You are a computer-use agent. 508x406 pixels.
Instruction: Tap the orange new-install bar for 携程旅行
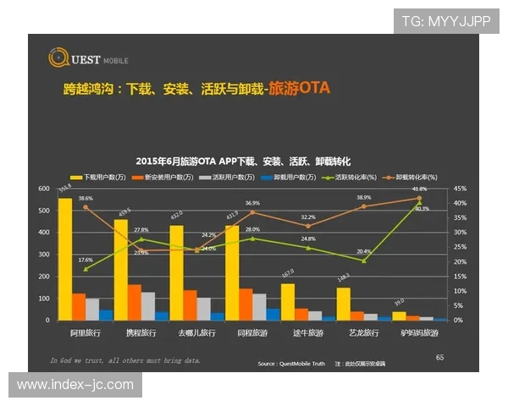click(135, 303)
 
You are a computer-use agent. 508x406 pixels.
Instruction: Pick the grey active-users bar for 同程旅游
click(260, 307)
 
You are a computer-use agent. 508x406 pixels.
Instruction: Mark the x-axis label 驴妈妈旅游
click(420, 334)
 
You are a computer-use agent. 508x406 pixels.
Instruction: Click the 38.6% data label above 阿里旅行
click(86, 198)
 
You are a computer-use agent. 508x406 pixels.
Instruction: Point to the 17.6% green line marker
click(86, 269)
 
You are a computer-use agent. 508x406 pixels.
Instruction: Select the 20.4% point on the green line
click(364, 261)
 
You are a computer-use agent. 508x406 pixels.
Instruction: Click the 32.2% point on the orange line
click(308, 226)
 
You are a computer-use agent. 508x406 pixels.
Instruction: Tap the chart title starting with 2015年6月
click(243, 161)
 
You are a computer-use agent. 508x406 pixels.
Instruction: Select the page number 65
click(439, 358)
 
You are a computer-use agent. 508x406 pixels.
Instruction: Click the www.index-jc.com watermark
click(75, 385)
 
